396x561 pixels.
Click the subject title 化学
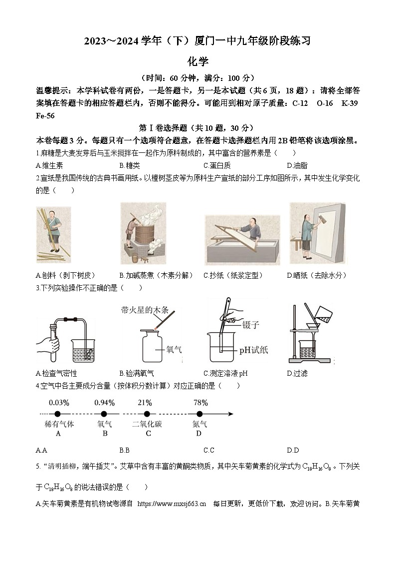198,61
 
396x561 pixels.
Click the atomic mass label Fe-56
45,115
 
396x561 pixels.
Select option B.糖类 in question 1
130,165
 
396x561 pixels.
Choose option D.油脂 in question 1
297,165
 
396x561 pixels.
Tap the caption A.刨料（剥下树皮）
65,275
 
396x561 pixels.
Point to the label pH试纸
253,350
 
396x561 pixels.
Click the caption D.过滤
297,373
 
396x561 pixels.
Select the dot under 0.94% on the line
104,414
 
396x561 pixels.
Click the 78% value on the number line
200,403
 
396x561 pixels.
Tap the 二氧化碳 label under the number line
147,424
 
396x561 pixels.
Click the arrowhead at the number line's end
230,414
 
